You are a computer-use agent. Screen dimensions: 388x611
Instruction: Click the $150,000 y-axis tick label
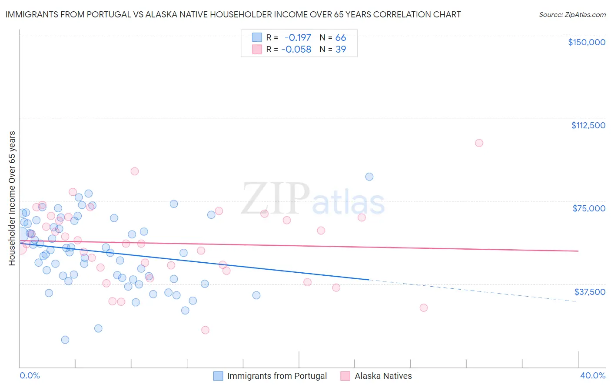[586, 42]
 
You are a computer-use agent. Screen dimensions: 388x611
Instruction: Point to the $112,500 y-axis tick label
[588, 125]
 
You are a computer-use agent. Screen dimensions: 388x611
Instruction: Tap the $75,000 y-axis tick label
[589, 208]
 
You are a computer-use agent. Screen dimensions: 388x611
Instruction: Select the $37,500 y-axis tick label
[590, 291]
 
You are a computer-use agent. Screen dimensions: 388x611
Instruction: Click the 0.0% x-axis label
[30, 376]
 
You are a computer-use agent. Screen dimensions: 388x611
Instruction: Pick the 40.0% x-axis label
[592, 376]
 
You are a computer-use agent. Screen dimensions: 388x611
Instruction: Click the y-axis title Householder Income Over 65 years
[12, 198]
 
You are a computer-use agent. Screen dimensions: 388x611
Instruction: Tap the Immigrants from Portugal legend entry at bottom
[277, 376]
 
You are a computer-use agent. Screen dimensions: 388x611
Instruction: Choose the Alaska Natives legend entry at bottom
[383, 376]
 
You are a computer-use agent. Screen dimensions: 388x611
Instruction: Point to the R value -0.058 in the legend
[296, 50]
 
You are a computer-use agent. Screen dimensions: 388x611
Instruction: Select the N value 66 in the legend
[341, 38]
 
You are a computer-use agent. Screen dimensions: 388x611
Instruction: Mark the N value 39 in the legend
[341, 50]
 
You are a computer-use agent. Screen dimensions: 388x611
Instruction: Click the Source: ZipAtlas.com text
[572, 15]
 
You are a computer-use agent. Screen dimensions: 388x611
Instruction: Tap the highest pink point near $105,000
[479, 143]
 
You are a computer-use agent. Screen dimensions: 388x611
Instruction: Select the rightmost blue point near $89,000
[369, 177]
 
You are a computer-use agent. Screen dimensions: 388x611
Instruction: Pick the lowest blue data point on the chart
[65, 340]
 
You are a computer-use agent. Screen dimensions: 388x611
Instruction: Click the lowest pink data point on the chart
[205, 330]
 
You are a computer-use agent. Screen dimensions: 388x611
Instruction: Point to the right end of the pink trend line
[578, 251]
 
